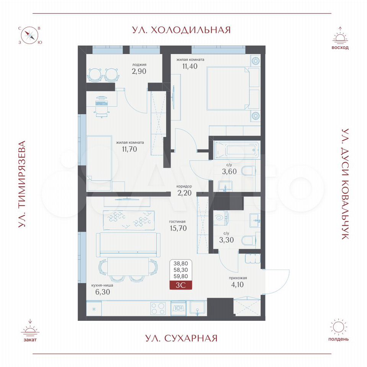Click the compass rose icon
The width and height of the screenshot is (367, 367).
tap(30, 36)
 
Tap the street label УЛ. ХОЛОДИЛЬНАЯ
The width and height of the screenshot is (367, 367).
tap(181, 30)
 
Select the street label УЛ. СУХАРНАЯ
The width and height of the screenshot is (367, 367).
tap(181, 338)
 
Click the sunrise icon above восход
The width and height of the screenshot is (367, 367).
tap(340, 36)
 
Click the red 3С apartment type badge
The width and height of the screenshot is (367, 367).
tap(181, 285)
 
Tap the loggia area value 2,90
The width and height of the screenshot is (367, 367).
tap(139, 71)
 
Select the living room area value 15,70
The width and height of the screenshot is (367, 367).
tap(179, 228)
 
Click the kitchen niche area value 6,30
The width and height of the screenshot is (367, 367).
tap(102, 292)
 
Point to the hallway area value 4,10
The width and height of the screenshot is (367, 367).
tap(237, 284)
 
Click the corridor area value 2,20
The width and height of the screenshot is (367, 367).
tap(184, 193)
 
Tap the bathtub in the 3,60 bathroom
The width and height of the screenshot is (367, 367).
tap(237, 150)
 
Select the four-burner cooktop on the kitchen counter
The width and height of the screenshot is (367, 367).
tap(158, 309)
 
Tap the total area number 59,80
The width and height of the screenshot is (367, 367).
tap(181, 276)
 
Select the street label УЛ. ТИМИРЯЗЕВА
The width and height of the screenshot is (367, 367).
tap(22, 184)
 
